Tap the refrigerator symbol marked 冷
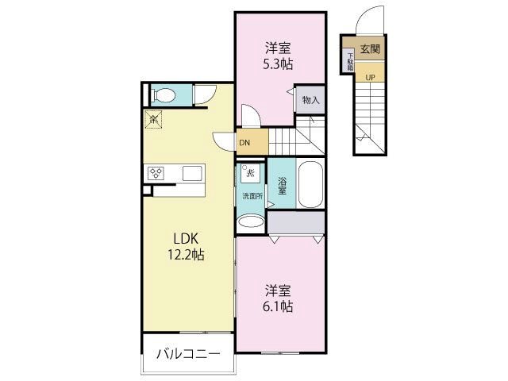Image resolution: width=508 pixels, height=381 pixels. (x=154, y=120)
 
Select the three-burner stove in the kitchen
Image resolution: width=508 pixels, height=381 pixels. (x=155, y=173)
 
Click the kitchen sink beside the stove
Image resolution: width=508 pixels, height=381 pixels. (x=192, y=173)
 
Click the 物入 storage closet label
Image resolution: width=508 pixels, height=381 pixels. (x=310, y=100)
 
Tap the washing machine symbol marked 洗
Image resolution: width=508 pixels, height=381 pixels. (x=249, y=173)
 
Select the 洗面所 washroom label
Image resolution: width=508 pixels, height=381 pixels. (x=251, y=195)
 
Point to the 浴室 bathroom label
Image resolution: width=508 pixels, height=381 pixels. (x=282, y=187)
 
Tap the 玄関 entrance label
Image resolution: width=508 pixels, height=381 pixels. (x=370, y=48)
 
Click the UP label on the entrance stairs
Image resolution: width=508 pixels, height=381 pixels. (x=370, y=76)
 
